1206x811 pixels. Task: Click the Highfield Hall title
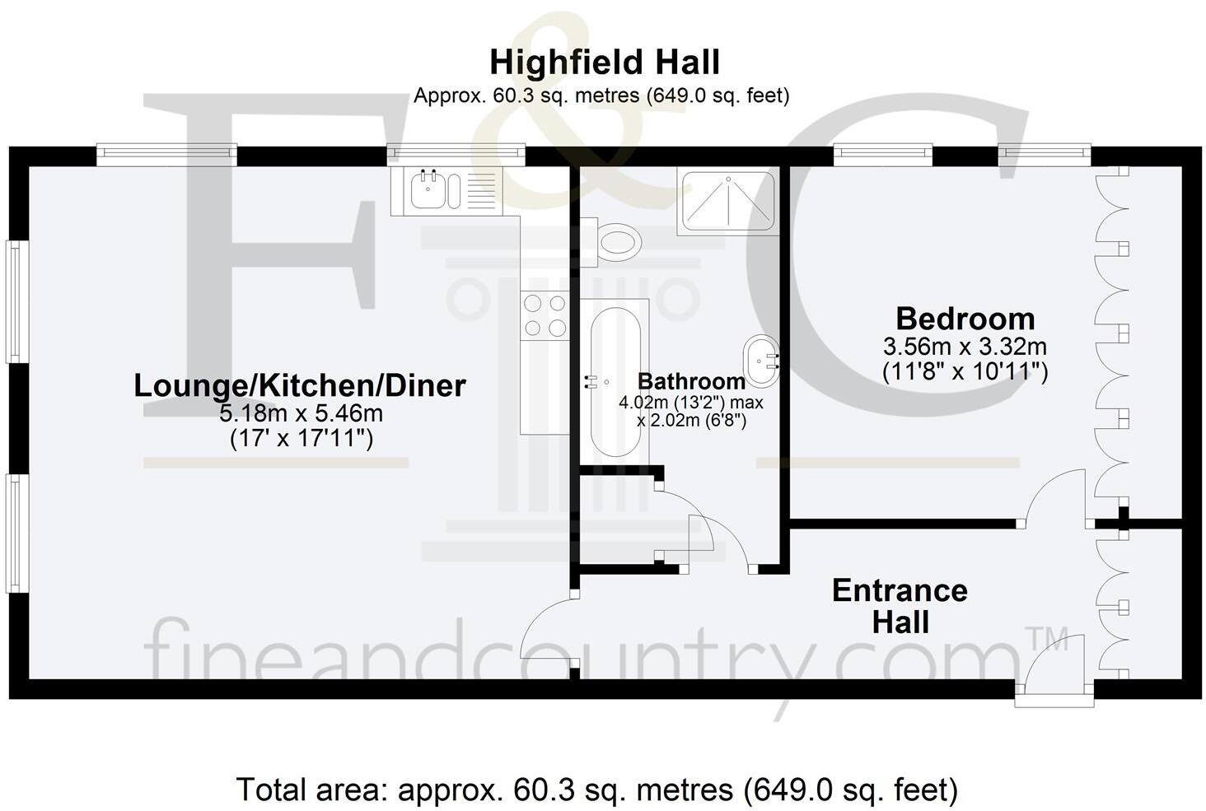tap(605, 63)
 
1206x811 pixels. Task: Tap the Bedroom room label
tap(965, 319)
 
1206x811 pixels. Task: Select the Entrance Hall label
tap(900, 606)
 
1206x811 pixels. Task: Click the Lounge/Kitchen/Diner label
tap(300, 385)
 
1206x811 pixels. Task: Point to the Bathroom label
tap(691, 381)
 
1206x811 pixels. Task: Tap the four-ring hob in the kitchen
tap(545, 315)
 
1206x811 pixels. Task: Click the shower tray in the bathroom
tap(727, 201)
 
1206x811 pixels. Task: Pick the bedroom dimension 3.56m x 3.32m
tap(965, 346)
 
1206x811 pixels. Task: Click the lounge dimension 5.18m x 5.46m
tap(301, 412)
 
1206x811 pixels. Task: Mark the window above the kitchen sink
tap(456, 152)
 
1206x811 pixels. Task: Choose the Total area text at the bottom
tap(597, 790)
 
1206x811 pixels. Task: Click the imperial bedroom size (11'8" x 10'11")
tap(965, 372)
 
